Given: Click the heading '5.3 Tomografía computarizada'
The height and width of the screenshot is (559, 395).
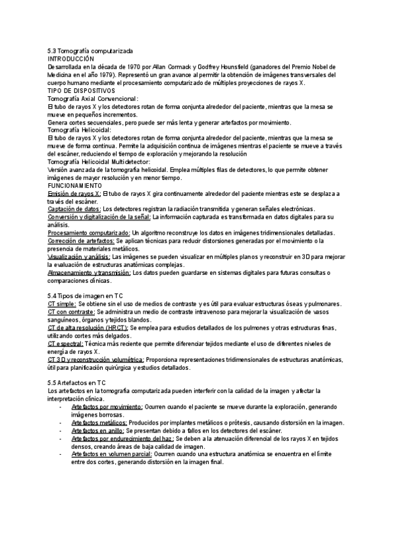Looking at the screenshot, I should click(x=90, y=51).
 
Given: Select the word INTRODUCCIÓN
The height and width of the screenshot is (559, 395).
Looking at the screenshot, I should click(x=71, y=59).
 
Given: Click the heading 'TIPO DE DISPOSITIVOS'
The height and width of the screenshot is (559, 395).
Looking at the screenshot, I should click(x=82, y=90).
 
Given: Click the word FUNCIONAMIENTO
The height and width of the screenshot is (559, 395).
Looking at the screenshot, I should click(x=73, y=186).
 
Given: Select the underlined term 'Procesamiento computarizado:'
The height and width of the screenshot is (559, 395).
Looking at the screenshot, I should click(x=89, y=233).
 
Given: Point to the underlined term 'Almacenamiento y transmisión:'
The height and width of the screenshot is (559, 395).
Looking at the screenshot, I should click(x=89, y=272).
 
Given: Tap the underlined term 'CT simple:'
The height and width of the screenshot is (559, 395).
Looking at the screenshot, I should click(x=62, y=304).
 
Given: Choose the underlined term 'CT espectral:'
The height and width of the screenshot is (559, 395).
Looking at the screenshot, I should click(x=65, y=344).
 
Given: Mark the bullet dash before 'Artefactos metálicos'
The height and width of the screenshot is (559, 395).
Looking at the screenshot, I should click(x=61, y=423).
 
